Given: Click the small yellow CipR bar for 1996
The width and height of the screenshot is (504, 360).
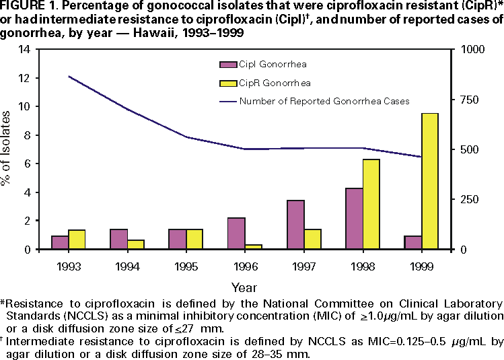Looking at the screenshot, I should coord(253,246).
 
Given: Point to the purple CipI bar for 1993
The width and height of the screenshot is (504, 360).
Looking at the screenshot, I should coord(61,242).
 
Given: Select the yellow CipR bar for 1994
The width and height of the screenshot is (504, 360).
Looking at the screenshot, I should coord(135,244).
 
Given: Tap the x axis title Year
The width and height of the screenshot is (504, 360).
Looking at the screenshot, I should coord(243,287).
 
